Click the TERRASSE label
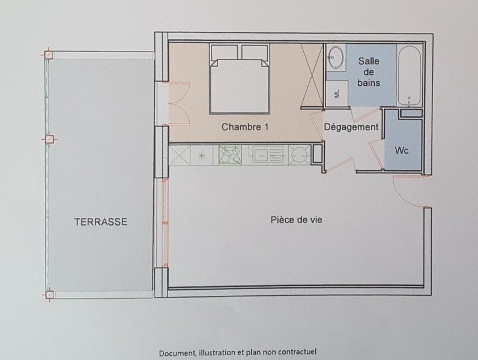point(101,221)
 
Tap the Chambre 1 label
point(245,127)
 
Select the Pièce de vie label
point(296,220)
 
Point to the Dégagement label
point(351,127)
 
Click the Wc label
point(402,150)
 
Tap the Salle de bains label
point(369,72)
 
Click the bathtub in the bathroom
point(409,76)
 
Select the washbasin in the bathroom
point(336,58)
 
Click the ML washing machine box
point(337,94)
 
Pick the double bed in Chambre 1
point(240,79)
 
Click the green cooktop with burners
point(230,155)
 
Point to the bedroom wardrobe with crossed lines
point(312,76)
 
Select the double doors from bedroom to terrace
point(179,104)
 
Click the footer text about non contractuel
point(238,352)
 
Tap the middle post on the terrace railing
point(49,139)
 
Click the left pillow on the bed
point(224,52)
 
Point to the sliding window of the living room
point(165,223)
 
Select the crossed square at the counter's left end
point(179,155)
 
